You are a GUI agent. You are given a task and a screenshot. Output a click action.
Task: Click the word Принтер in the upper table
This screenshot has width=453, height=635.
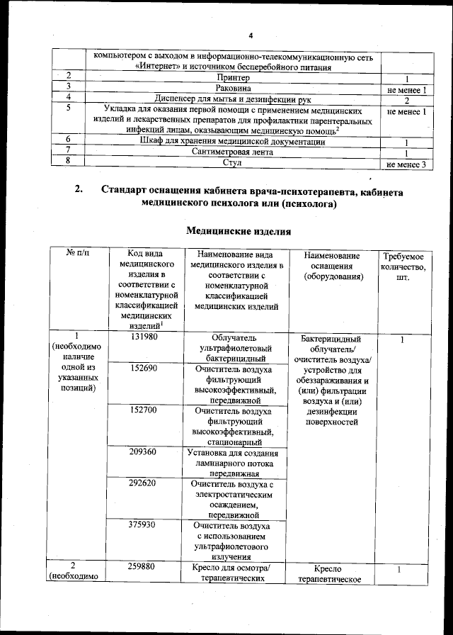[x=233, y=77]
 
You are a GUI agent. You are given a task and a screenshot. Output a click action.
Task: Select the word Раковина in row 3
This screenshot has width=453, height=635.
[x=233, y=89]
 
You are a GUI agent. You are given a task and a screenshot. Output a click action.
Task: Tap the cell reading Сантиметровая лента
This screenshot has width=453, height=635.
[x=233, y=153]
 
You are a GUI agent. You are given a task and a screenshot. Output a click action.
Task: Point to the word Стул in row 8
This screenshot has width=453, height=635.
[x=233, y=164]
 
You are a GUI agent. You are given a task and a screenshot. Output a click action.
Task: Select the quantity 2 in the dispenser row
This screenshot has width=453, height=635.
[x=406, y=100]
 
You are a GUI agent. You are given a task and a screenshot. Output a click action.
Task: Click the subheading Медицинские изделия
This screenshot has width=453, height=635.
[x=238, y=231]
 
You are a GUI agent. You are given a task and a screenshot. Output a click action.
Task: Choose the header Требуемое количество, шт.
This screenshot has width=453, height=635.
[x=403, y=266]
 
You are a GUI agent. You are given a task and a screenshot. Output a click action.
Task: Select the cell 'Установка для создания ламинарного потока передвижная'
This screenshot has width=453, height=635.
[x=233, y=463]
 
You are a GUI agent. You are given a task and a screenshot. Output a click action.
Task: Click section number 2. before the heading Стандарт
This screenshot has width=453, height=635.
[x=79, y=189]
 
